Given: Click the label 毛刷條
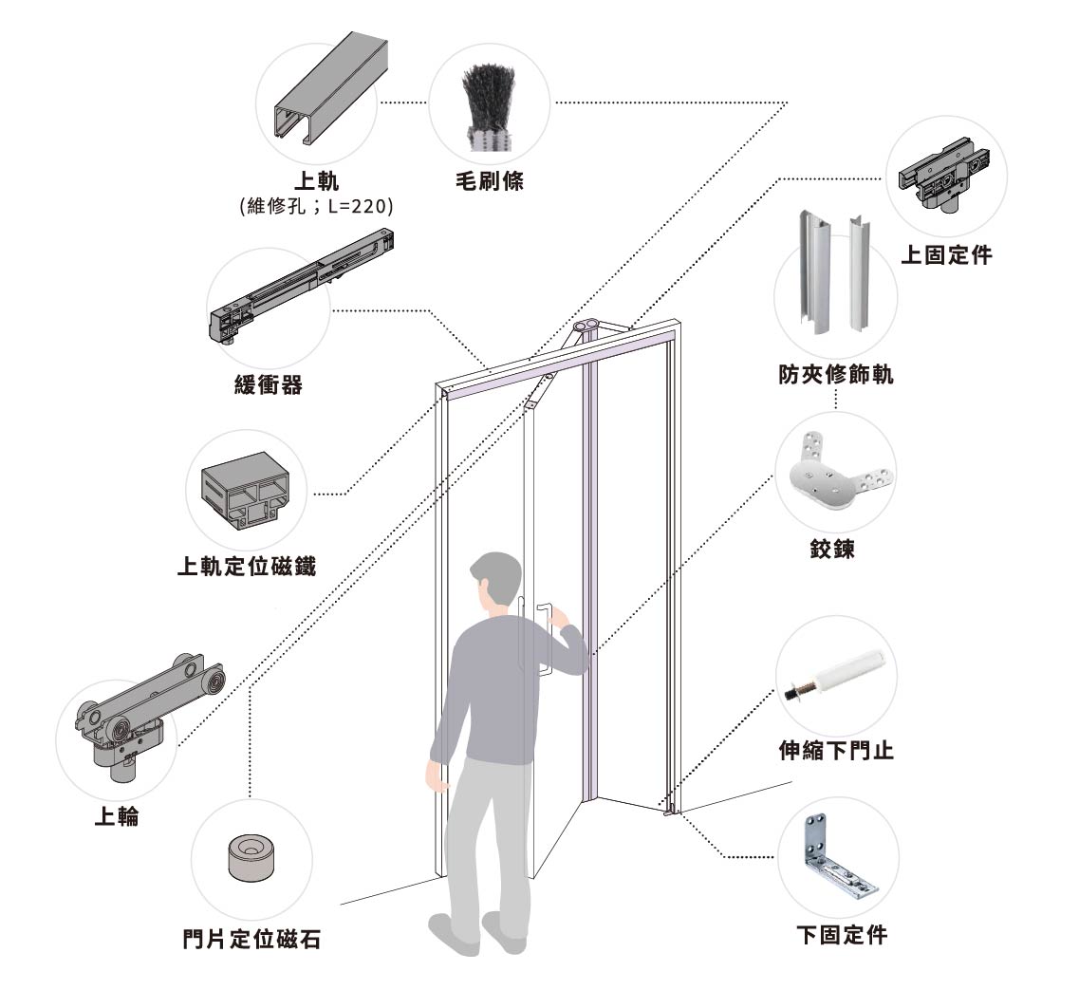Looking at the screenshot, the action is pos(490,181).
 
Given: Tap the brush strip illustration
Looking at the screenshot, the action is pos(490,107).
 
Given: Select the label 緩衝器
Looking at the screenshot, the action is pos(269,384).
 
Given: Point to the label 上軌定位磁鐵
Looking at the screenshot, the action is pos(247,566).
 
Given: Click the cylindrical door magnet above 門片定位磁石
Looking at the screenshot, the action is pos(251,858).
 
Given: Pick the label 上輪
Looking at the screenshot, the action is pos(117,816).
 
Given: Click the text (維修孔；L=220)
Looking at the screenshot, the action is pos(316,206).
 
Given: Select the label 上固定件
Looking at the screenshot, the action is pos(946,254).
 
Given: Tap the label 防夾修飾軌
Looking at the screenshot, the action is pos(836,374).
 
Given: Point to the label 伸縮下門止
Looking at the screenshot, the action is pos(836,750).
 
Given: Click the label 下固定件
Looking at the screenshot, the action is pos(842,935).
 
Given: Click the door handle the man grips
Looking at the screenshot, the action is pos(545,641).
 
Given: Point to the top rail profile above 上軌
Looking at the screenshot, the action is pos(331,88).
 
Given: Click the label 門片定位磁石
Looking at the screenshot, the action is pos(251,939).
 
